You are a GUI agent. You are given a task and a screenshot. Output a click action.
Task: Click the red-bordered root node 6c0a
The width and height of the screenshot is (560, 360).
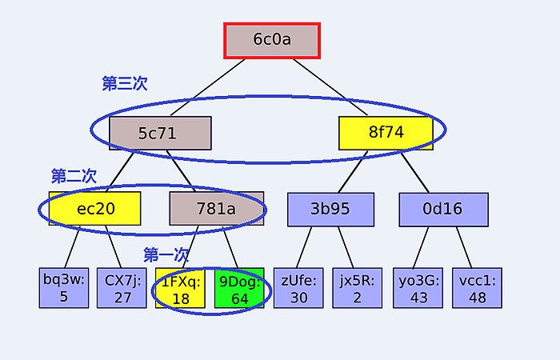[272, 40]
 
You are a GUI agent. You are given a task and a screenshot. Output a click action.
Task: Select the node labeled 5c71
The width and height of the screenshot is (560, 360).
[160, 134]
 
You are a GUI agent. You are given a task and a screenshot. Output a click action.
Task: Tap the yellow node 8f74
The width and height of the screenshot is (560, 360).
[386, 133]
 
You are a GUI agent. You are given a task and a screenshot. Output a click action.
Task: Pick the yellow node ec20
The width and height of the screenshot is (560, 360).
[94, 209]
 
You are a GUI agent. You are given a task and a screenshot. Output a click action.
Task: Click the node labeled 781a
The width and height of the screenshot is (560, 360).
[217, 209]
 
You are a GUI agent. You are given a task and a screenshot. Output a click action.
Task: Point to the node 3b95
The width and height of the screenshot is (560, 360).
[330, 210]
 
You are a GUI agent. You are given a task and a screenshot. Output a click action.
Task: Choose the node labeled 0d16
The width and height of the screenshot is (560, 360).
[443, 210]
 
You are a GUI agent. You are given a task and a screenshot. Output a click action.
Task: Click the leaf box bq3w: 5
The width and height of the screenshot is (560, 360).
[64, 288]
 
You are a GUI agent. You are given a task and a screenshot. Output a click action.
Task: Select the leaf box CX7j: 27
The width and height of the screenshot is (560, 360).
[122, 288]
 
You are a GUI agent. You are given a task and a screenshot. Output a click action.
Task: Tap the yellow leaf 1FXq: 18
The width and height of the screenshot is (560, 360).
[180, 288]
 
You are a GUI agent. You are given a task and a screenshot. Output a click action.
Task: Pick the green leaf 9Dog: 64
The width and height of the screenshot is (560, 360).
[239, 288]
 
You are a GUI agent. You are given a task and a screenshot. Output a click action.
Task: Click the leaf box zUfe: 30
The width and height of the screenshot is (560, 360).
[298, 288]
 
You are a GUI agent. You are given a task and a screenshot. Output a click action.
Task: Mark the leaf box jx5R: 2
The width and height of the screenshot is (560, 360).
[358, 288]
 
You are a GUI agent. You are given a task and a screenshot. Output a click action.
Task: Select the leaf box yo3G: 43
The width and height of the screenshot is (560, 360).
[418, 288]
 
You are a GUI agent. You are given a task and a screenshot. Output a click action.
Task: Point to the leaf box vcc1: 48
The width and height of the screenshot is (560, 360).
[477, 288]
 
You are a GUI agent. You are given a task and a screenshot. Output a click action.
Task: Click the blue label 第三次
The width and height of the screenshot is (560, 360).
[125, 83]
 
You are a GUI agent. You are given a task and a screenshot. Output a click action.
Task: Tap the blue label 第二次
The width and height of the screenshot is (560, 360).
[74, 176]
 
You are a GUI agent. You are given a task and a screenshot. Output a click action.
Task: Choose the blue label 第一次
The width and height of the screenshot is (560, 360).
[166, 255]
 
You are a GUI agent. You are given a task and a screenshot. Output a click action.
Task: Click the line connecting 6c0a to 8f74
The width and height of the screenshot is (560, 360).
[330, 87]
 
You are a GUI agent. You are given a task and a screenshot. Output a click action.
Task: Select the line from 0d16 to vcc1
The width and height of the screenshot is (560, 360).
[464, 247]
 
